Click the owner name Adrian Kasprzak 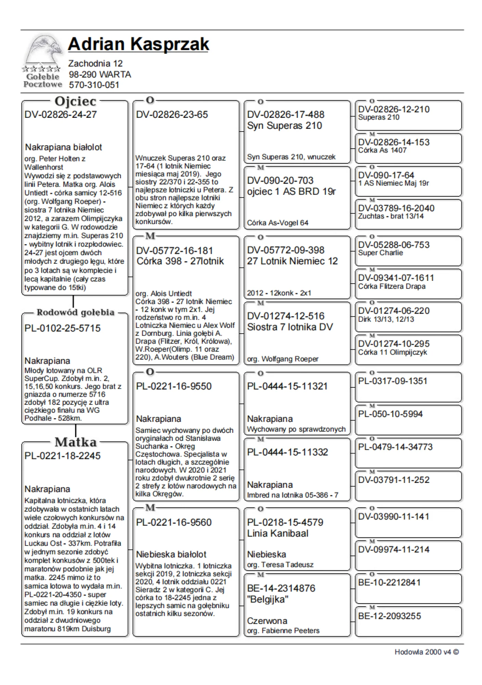tap(138, 44)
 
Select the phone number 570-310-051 tap(94, 85)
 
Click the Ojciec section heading tap(75, 101)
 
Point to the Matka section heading tap(76, 442)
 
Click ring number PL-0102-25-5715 tap(63, 328)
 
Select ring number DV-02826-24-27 tap(61, 114)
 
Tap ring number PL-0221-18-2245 tap(63, 456)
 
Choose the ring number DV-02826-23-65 tap(172, 114)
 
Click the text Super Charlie tap(380, 253)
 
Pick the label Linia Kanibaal tap(278, 533)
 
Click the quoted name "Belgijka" tap(268, 599)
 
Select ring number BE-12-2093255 tap(389, 616)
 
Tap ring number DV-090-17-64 tap(386, 175)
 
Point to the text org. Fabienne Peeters tap(283, 631)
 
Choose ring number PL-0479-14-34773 tap(395, 447)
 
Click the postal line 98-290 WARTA tap(100, 74)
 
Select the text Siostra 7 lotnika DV tap(290, 327)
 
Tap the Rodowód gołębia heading tap(75, 312)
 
